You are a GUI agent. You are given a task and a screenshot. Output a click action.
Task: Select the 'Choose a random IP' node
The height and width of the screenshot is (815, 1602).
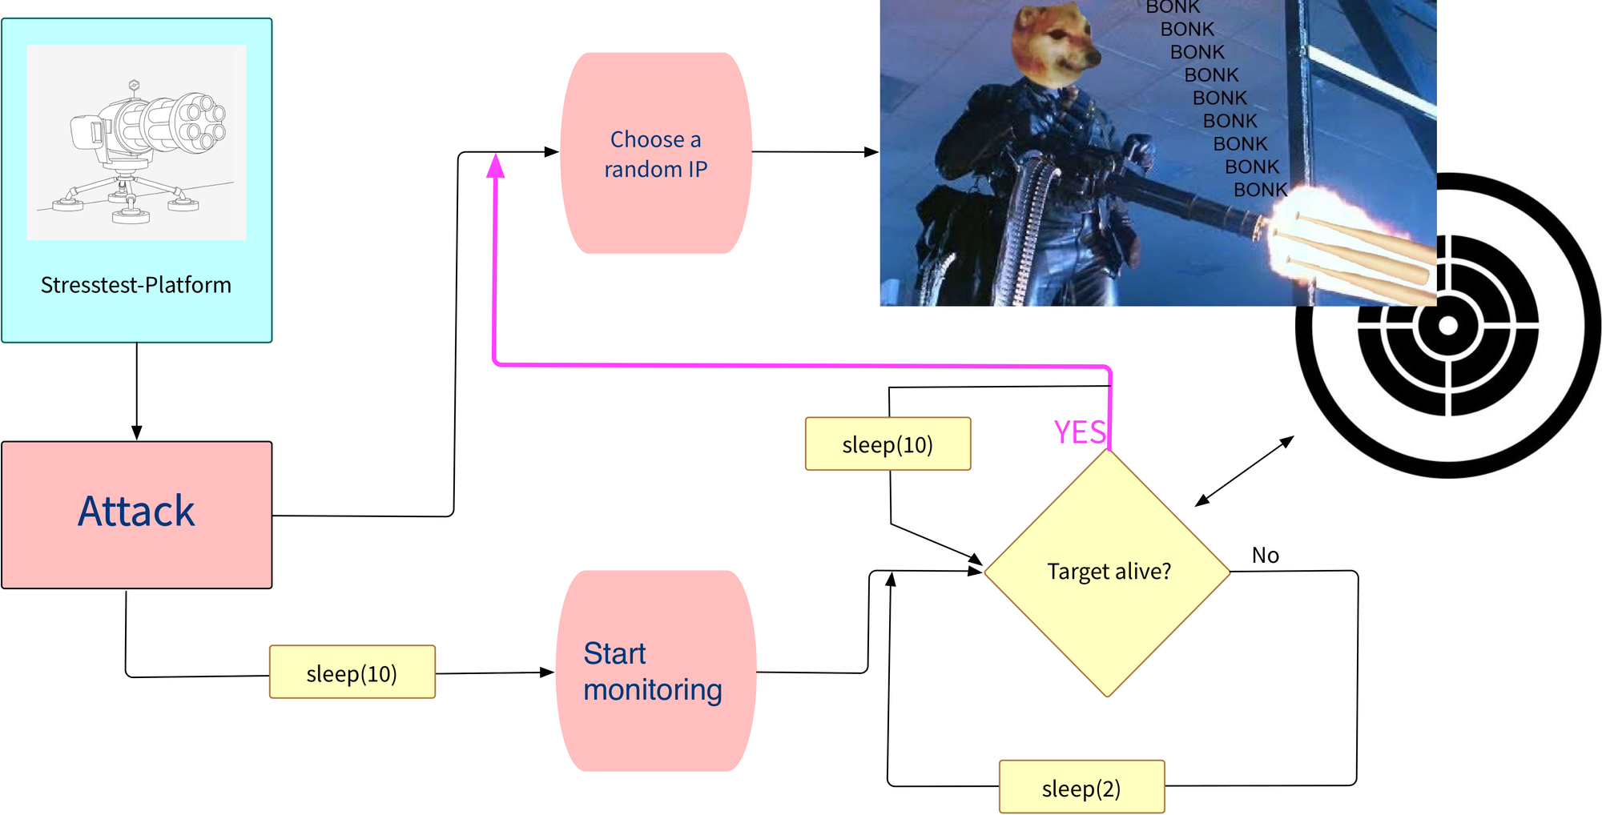pos(655,154)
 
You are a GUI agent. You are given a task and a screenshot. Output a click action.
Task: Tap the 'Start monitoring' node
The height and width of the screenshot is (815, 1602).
pos(655,671)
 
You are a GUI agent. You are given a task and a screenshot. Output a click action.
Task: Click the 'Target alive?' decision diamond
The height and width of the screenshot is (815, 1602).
pos(1107,572)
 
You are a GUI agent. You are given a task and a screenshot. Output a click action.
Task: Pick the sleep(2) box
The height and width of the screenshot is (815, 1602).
pos(1081,788)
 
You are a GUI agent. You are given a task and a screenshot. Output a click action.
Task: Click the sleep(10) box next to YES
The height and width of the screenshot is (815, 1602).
pos(888,444)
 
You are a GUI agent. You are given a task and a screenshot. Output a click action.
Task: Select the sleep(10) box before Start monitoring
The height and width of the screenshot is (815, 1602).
pos(352,672)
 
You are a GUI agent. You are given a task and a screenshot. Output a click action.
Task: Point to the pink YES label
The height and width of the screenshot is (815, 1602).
pos(1079,433)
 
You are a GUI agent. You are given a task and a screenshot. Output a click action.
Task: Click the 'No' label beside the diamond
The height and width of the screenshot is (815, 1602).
pos(1265,556)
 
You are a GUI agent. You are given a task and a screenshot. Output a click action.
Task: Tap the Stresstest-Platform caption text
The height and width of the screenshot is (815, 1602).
pos(136,285)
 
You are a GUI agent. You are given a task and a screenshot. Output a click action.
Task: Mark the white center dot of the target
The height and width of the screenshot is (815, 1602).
pos(1447,326)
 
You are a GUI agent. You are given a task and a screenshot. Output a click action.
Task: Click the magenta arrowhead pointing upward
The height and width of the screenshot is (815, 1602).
pos(496,166)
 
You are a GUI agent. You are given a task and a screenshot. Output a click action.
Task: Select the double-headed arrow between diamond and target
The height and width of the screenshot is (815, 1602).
pos(1245,471)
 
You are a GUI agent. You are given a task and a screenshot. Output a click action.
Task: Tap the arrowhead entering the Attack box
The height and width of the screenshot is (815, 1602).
pos(137,432)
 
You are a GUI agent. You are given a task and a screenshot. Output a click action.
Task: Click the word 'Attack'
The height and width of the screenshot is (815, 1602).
pos(136,512)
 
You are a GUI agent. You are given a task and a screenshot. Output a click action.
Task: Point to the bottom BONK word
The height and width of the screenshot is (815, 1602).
pos(1260,190)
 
